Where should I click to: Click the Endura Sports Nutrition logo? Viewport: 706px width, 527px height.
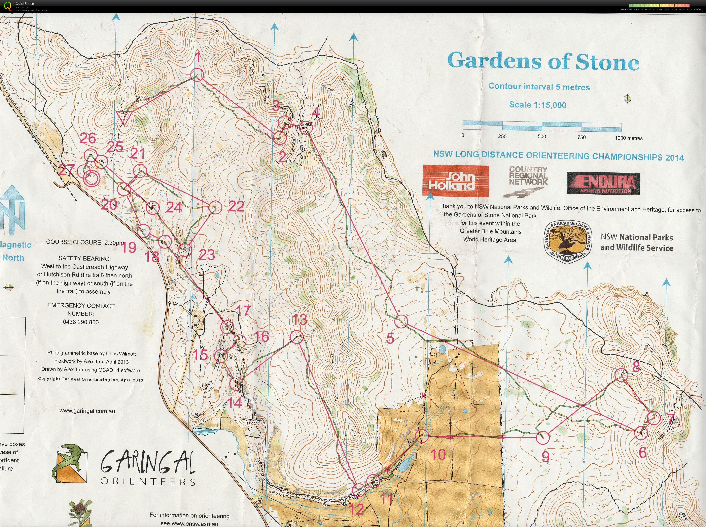click(x=603, y=183)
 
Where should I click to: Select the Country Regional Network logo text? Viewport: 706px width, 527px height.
click(x=528, y=176)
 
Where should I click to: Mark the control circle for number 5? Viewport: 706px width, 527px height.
click(x=401, y=322)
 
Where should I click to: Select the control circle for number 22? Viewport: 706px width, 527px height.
click(x=215, y=207)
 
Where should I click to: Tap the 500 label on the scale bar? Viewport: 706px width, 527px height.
click(x=542, y=137)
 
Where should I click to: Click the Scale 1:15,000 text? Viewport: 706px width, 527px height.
click(x=538, y=105)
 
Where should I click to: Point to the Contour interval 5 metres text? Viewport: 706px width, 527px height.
click(x=539, y=87)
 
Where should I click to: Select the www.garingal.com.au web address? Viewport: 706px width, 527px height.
click(x=87, y=411)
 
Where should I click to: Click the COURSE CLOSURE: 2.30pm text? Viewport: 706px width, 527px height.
click(x=85, y=242)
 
